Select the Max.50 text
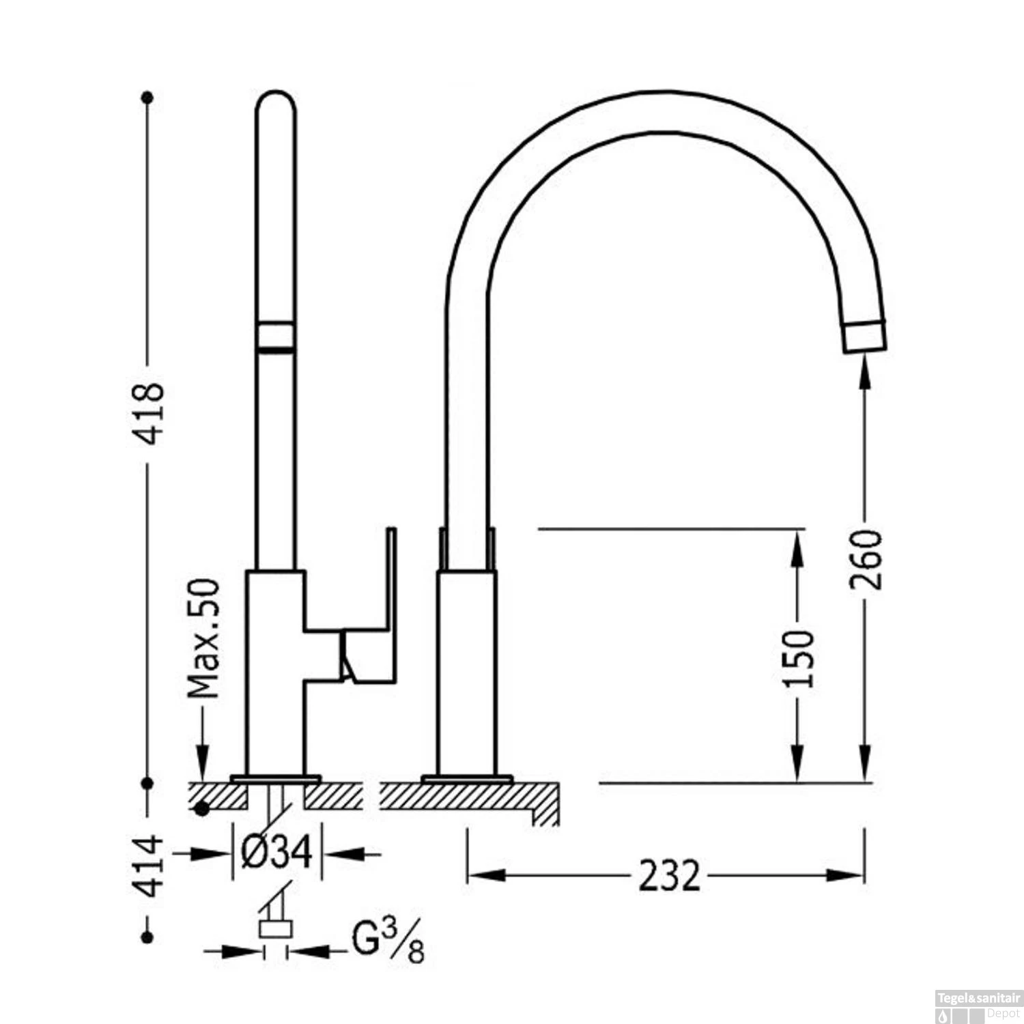coord(204,638)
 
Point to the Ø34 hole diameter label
coord(276,852)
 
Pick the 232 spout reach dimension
coord(669,876)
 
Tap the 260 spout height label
coord(866,560)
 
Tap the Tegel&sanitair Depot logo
coord(978,1008)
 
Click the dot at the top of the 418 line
coord(147,98)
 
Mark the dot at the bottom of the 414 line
coord(147,937)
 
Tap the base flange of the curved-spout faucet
coord(467,778)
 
